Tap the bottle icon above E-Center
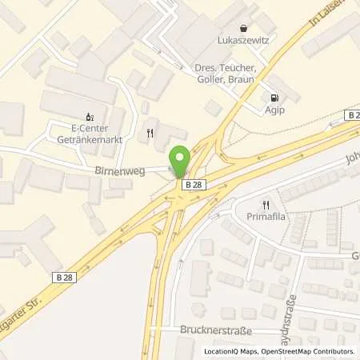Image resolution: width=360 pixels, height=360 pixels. tap(89, 114)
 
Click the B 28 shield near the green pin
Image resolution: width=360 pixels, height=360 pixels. tap(192, 185)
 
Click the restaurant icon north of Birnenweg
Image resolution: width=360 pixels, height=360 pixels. tap(148, 132)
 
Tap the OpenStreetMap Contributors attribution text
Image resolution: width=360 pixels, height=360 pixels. tap(309, 351)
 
